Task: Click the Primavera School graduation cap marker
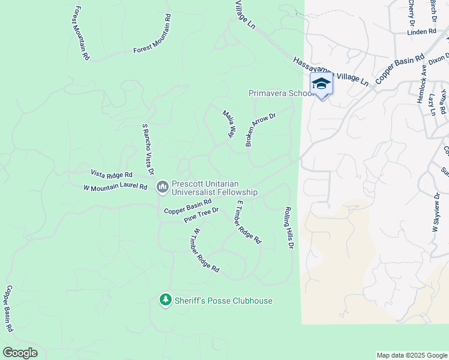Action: [321, 84]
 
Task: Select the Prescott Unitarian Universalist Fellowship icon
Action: [162, 188]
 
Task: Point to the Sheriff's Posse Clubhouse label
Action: [223, 301]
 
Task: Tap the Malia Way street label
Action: [228, 124]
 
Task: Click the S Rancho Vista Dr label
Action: [148, 146]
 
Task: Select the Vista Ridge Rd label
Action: [111, 173]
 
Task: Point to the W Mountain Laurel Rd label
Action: [115, 187]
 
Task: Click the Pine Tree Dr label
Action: [201, 214]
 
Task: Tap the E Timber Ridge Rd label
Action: [249, 221]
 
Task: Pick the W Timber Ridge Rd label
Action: [206, 250]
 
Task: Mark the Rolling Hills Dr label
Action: [289, 228]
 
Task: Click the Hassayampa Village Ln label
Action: [330, 71]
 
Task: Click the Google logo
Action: [20, 353]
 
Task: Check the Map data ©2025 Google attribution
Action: [411, 355]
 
